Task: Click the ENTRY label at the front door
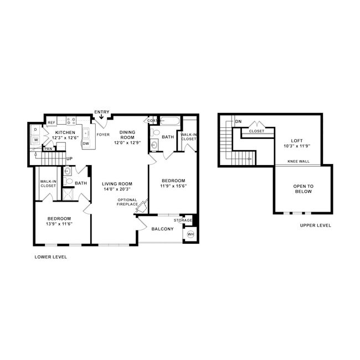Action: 102,112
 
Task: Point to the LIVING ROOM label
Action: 116,184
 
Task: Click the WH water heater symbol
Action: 191,234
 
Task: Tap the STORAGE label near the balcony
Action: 182,220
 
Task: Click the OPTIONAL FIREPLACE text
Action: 127,202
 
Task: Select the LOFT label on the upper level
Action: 297,140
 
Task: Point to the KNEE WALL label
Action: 299,162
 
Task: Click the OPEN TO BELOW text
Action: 303,189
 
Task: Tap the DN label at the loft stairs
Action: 239,121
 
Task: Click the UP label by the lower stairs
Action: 70,159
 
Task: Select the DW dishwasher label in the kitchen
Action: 86,143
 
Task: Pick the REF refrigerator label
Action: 51,122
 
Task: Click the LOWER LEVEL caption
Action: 50,257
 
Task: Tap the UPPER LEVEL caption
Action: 315,225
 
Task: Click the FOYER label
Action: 103,135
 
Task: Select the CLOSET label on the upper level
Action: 256,131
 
